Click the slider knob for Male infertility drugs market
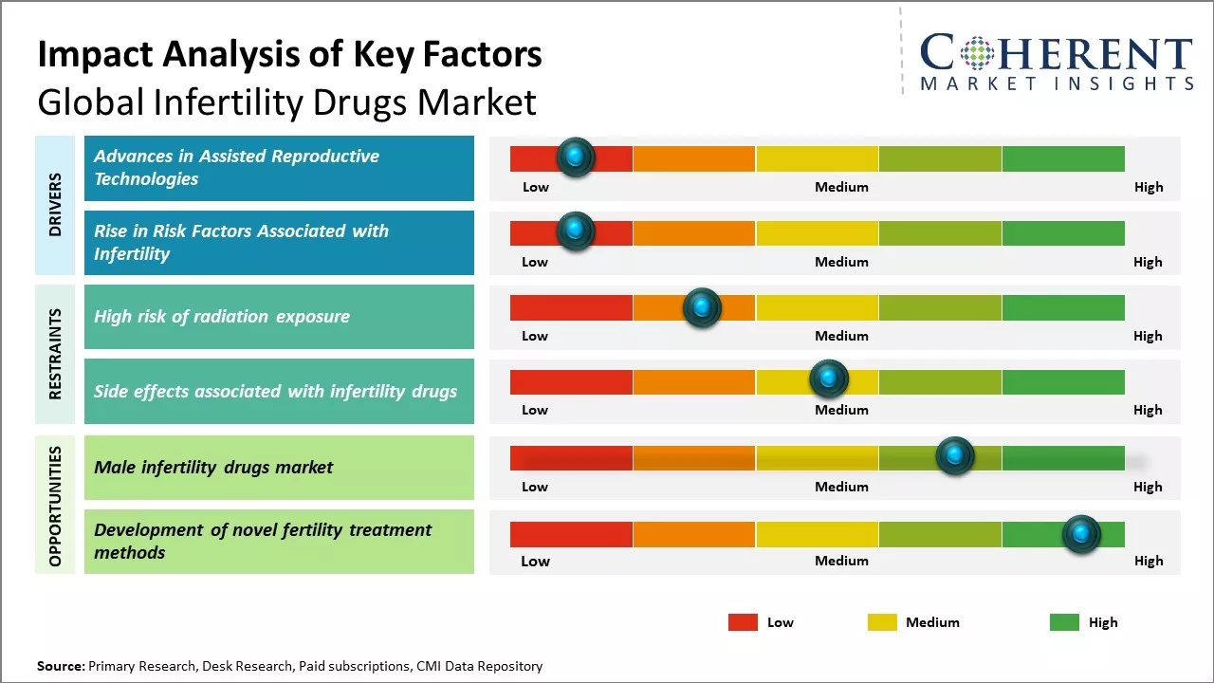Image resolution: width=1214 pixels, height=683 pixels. point(955,456)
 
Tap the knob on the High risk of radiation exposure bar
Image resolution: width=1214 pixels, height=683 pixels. point(702,307)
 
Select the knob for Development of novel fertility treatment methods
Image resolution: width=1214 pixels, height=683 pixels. point(1081,534)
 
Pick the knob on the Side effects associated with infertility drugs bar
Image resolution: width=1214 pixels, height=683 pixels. point(829,379)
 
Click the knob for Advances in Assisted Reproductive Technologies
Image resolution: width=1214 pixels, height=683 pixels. point(576,157)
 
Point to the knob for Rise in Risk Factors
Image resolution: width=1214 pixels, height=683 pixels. point(576,231)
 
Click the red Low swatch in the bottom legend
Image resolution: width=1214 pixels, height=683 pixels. point(743,622)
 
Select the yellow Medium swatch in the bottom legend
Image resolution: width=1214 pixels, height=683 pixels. point(882,622)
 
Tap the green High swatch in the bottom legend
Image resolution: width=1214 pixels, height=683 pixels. point(1064,622)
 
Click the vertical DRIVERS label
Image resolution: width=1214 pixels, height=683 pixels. point(55,205)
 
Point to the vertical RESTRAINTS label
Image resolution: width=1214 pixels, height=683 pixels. point(55,354)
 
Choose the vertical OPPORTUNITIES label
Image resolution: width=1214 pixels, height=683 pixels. point(55,507)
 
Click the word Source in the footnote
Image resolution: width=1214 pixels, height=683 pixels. point(60,667)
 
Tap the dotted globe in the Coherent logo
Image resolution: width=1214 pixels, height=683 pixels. point(975,53)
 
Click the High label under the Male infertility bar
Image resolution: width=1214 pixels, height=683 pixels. point(1148,487)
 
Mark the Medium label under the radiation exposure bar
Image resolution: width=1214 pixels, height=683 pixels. point(841,336)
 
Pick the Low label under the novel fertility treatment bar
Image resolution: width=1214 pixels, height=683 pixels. point(535,561)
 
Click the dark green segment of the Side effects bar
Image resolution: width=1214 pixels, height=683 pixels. point(1062,381)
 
